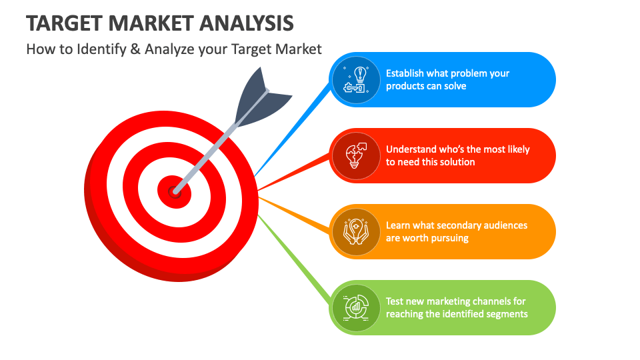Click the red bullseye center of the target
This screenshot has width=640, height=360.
(x=174, y=191)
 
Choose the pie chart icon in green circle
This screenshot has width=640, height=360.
(x=355, y=307)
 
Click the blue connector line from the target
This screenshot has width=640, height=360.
(x=293, y=127)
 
